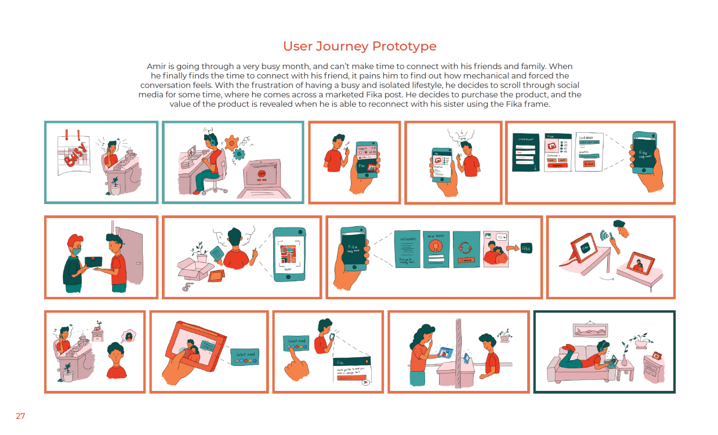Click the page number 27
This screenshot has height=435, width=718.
[20, 416]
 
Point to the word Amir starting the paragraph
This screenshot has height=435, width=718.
[158, 67]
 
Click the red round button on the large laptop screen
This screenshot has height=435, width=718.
[262, 173]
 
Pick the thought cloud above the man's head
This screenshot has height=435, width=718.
[458, 135]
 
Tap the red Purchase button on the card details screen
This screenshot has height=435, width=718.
[589, 164]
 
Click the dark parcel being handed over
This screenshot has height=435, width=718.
[96, 263]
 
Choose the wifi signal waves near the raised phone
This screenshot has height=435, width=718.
[605, 237]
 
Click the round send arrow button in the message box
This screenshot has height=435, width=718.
[365, 382]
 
